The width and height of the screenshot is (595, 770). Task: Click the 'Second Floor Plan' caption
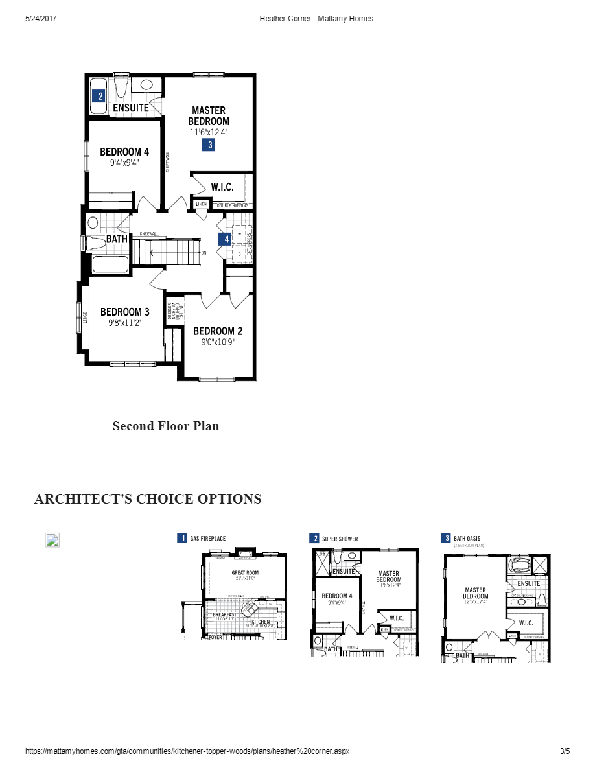pyautogui.click(x=165, y=426)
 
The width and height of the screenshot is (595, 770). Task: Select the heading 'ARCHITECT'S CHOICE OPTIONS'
pyautogui.click(x=148, y=498)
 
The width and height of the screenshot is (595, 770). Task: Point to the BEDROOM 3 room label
pyautogui.click(x=124, y=312)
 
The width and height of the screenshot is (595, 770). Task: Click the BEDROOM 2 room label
pyautogui.click(x=218, y=331)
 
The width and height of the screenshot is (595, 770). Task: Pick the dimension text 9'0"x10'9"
pyautogui.click(x=218, y=342)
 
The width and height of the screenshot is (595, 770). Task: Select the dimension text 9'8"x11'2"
pyautogui.click(x=124, y=322)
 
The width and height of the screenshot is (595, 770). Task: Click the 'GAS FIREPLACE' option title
pyautogui.click(x=207, y=538)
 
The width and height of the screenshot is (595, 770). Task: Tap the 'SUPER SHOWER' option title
pyautogui.click(x=340, y=539)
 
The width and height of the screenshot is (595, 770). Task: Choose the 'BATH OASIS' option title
pyautogui.click(x=468, y=538)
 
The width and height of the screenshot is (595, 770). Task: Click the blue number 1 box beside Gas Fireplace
pyautogui.click(x=182, y=538)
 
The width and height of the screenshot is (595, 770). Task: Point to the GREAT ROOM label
pyautogui.click(x=245, y=573)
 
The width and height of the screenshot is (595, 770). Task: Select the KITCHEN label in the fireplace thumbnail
pyautogui.click(x=261, y=622)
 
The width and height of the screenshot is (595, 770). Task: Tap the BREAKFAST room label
pyautogui.click(x=224, y=614)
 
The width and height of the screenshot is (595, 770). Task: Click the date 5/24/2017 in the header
pyautogui.click(x=41, y=19)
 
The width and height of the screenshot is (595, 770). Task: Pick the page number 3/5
pyautogui.click(x=565, y=751)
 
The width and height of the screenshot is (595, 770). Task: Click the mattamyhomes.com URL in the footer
pyautogui.click(x=187, y=751)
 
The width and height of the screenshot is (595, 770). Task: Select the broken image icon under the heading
pyautogui.click(x=52, y=540)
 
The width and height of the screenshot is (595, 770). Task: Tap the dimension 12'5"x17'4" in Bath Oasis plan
pyautogui.click(x=475, y=602)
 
